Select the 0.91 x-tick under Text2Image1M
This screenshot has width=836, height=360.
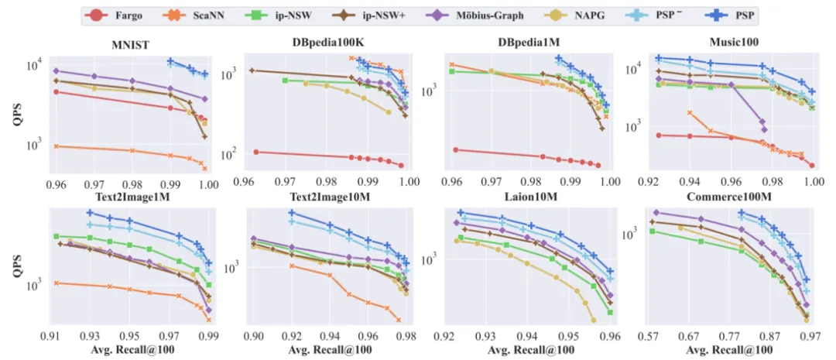coord(50,338)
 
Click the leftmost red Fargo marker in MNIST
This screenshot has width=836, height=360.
coord(56,91)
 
